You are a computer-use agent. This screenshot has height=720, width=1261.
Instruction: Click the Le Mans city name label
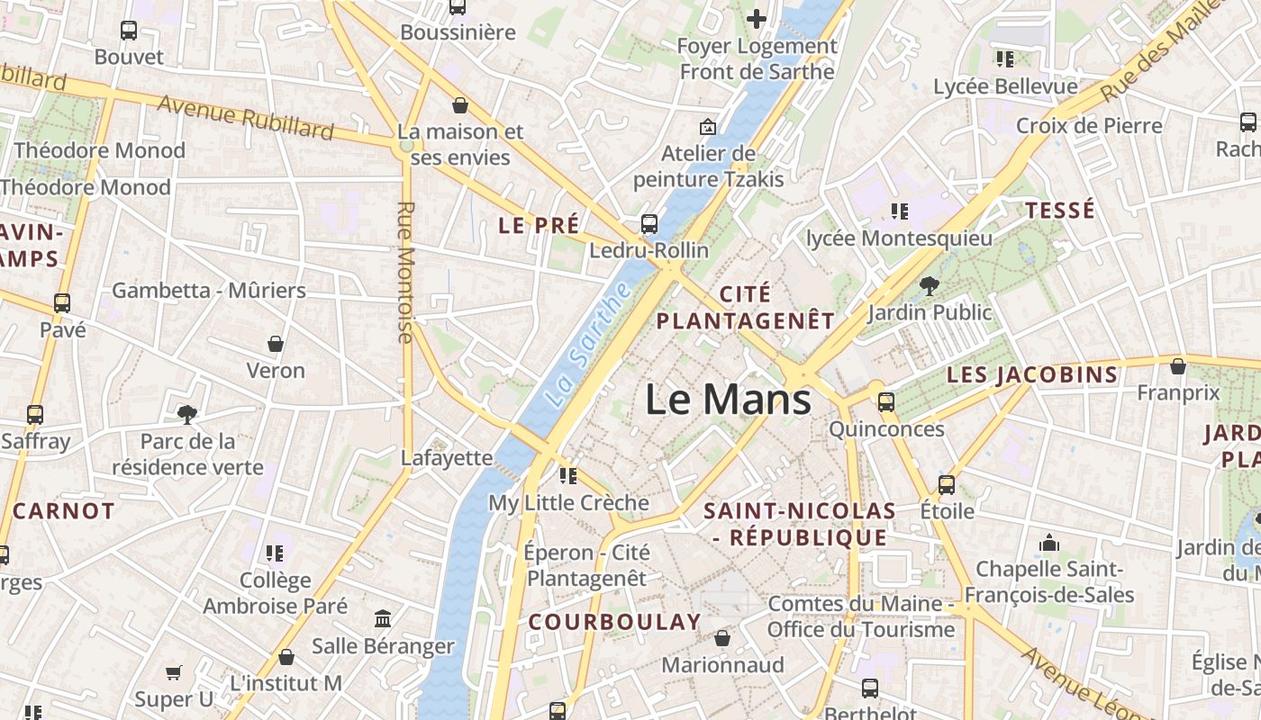point(728,399)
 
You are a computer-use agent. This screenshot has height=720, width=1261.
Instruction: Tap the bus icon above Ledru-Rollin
point(649,224)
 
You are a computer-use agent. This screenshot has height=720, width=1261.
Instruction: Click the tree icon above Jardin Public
point(929,286)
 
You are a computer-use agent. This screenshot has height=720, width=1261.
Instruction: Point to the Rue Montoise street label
point(405,272)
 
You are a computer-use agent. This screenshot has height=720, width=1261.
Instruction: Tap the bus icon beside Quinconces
point(886,402)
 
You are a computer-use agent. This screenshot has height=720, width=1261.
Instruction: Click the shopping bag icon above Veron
point(276,344)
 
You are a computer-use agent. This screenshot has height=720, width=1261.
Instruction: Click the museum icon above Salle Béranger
point(383,619)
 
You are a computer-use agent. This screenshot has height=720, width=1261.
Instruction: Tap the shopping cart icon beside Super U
point(174,672)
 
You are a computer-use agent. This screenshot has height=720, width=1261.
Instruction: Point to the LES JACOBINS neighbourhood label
point(1032,374)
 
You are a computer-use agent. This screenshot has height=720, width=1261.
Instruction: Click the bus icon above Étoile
point(947,485)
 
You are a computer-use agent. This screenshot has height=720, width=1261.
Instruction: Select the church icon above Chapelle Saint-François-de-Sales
point(1049,543)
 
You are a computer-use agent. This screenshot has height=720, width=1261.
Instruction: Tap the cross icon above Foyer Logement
point(757,18)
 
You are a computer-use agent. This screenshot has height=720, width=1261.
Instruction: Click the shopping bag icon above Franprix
point(1177,366)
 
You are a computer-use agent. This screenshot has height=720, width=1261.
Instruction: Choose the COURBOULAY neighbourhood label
point(614,622)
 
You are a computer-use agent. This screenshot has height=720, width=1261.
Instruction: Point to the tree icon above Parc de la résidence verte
point(187,415)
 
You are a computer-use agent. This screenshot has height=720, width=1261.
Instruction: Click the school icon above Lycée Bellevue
point(1004,59)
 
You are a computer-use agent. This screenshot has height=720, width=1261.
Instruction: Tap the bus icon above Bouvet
point(129,31)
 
